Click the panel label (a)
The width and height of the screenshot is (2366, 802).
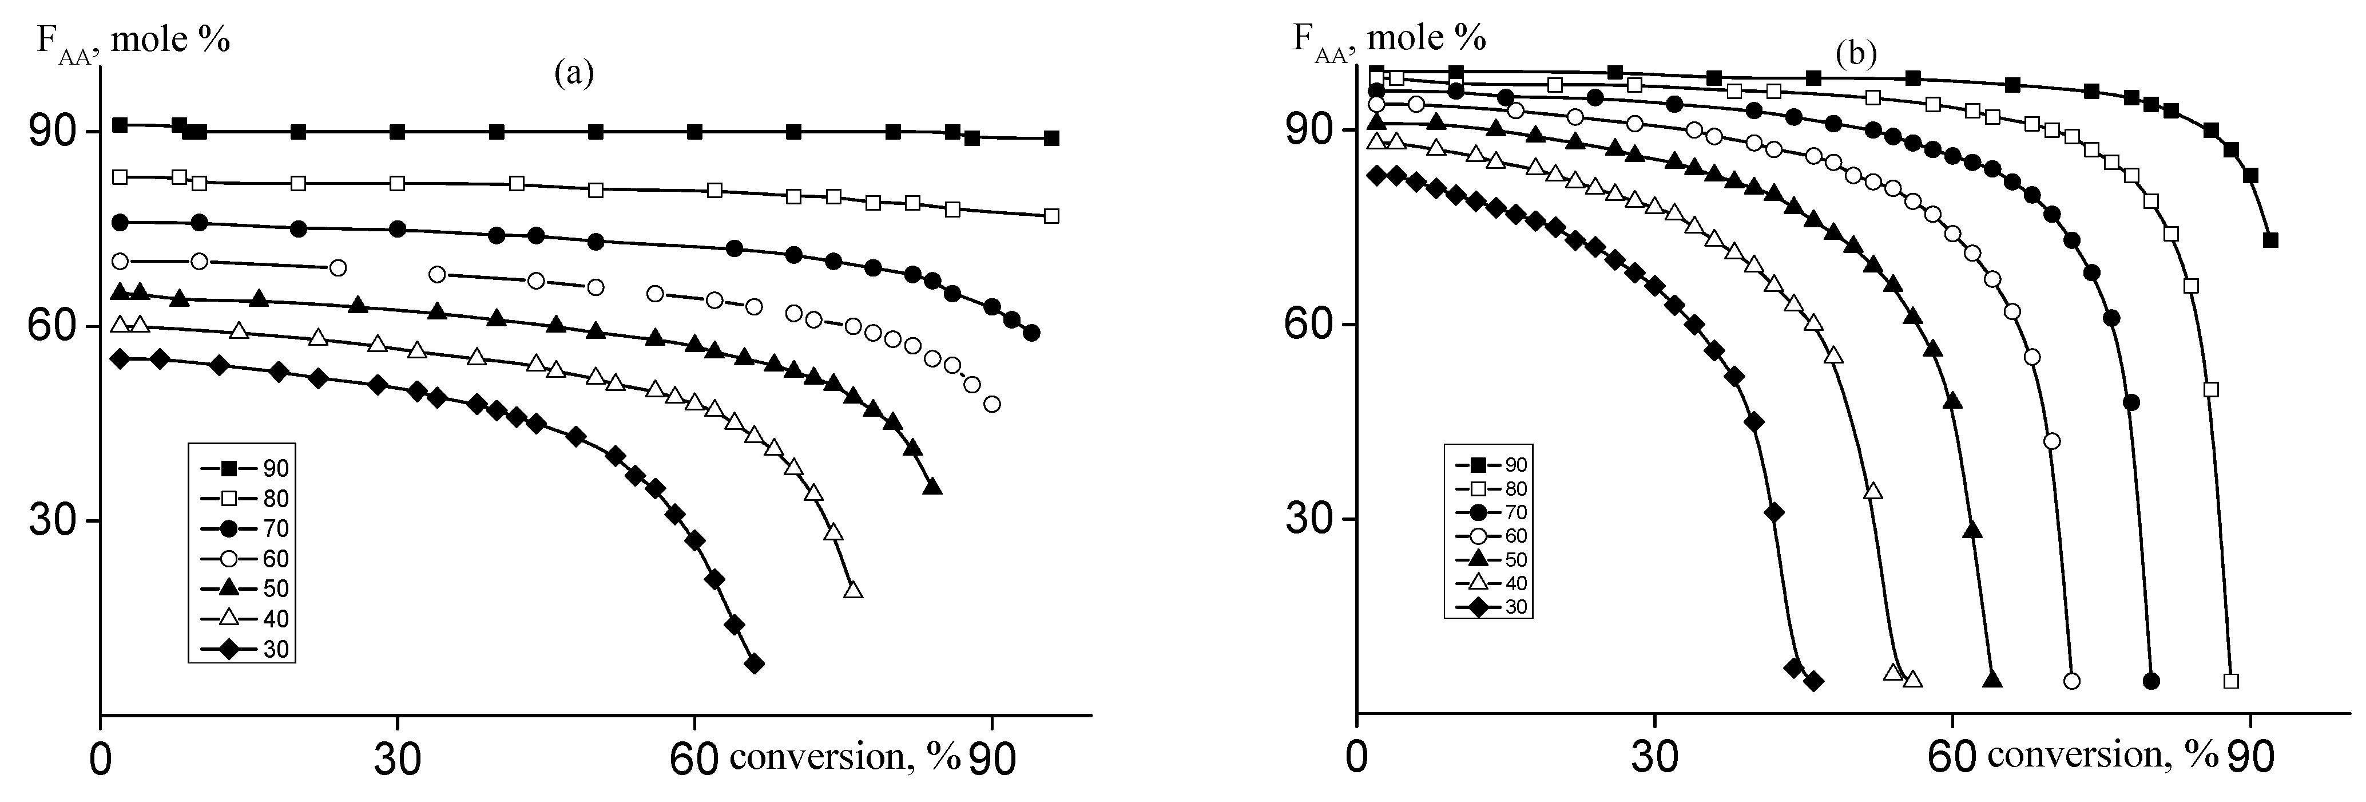click(x=574, y=73)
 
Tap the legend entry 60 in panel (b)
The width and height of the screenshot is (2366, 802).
click(x=1514, y=536)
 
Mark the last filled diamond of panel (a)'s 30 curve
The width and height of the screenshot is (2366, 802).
click(x=754, y=663)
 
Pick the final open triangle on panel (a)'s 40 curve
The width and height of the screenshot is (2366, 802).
click(x=853, y=590)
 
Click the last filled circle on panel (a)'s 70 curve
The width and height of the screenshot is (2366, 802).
click(x=1031, y=333)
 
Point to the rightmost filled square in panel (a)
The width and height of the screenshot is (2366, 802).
click(x=1051, y=138)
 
